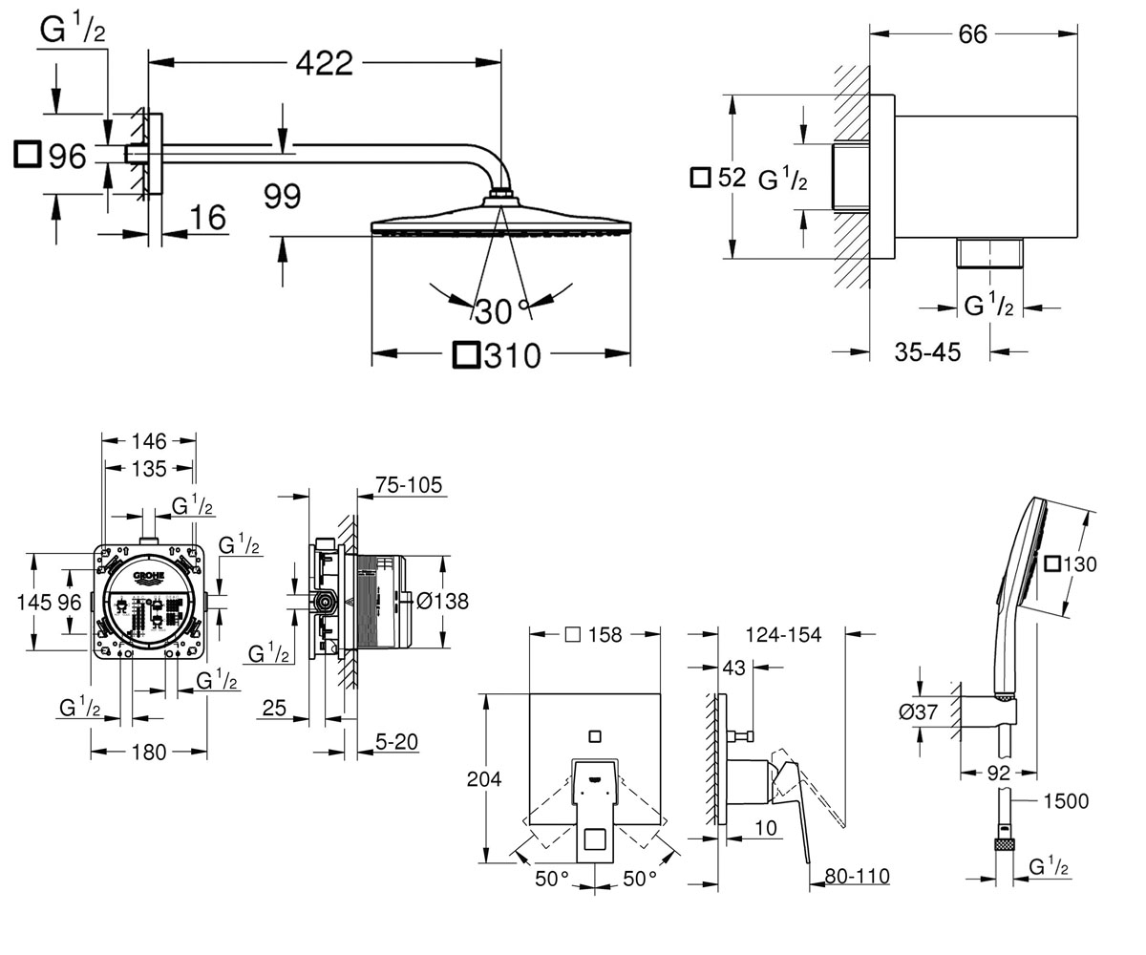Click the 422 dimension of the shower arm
(325, 63)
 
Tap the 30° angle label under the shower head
(501, 311)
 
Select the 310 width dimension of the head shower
(513, 355)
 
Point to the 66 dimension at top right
(972, 34)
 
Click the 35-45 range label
(927, 351)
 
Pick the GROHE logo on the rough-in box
(149, 576)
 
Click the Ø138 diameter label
(442, 601)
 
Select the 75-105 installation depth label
(409, 485)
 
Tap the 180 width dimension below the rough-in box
(149, 752)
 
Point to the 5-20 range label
(396, 742)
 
